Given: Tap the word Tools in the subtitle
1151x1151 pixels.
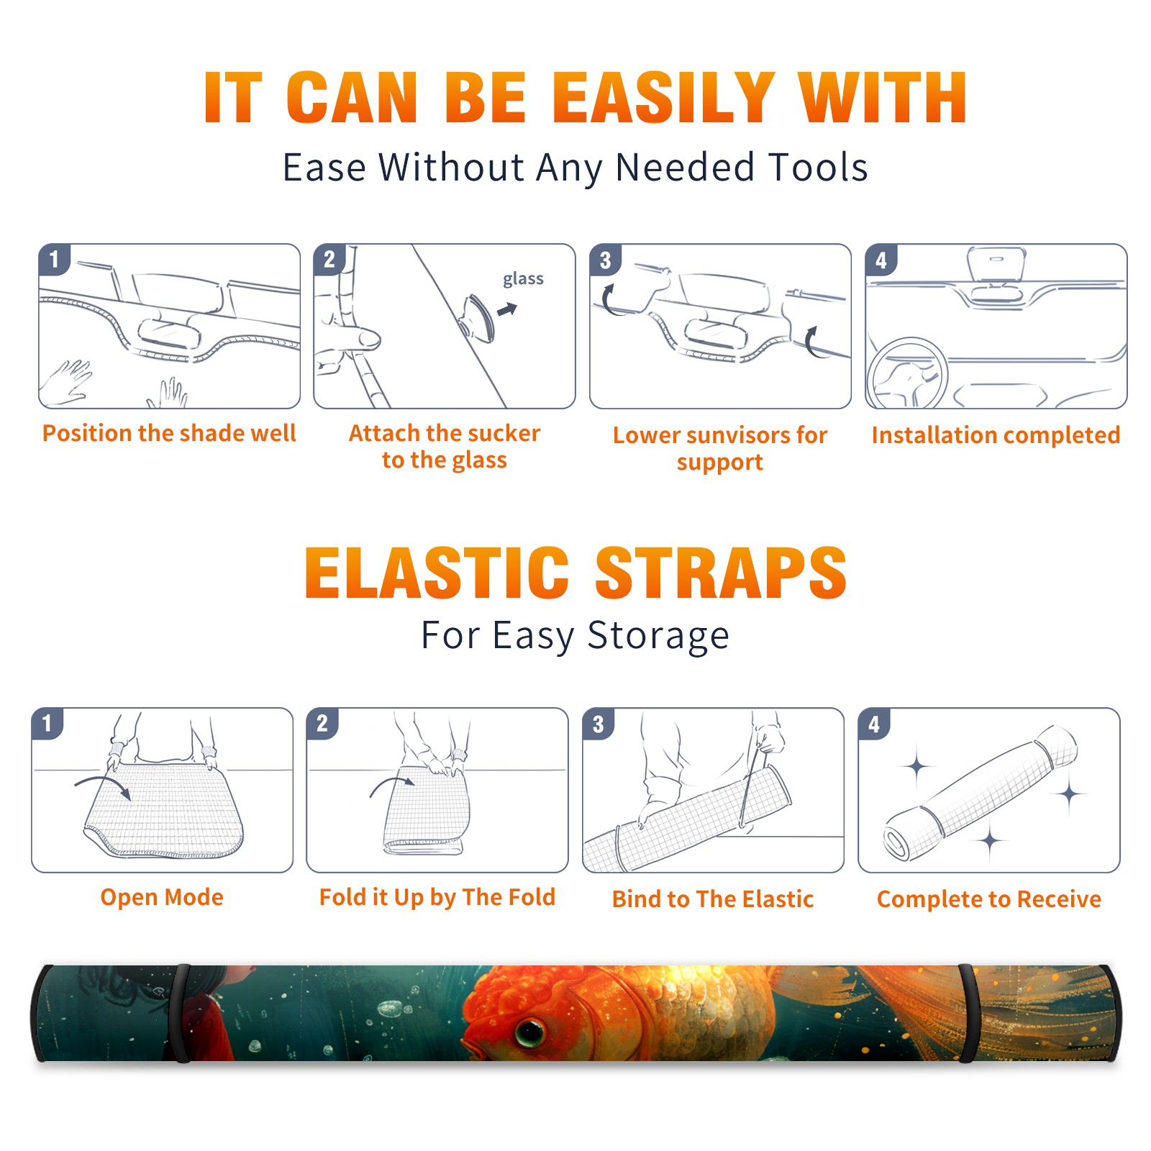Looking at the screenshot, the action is coord(818,168).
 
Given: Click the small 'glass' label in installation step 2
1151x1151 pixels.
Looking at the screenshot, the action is coord(523,279).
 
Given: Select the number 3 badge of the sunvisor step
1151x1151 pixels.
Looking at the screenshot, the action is coord(605,260).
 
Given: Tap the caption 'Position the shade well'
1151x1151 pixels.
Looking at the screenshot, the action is coord(169,433).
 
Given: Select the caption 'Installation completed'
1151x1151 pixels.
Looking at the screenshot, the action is coord(996,435).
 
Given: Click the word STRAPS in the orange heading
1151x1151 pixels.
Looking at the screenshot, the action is coord(722,573).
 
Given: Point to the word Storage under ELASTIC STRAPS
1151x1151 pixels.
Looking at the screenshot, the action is coord(658,636).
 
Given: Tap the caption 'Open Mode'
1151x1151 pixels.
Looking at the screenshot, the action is coord(162,897).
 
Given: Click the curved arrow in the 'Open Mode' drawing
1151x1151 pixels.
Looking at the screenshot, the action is coord(104,784).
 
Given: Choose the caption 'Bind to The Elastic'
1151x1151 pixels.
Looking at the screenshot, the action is coord(713,899).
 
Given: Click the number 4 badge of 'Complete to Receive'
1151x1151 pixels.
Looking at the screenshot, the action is coord(874,724).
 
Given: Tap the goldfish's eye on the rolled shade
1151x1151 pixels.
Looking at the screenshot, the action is coord(530,1032).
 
